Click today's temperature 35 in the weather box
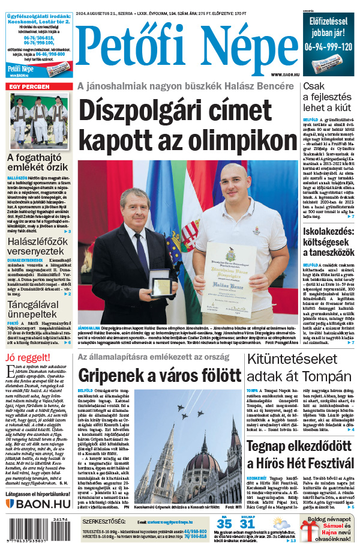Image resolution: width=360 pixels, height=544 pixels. (224, 524)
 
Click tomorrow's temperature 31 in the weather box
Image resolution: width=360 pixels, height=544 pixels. (247, 524)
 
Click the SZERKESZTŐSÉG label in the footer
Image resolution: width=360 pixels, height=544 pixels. (104, 521)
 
